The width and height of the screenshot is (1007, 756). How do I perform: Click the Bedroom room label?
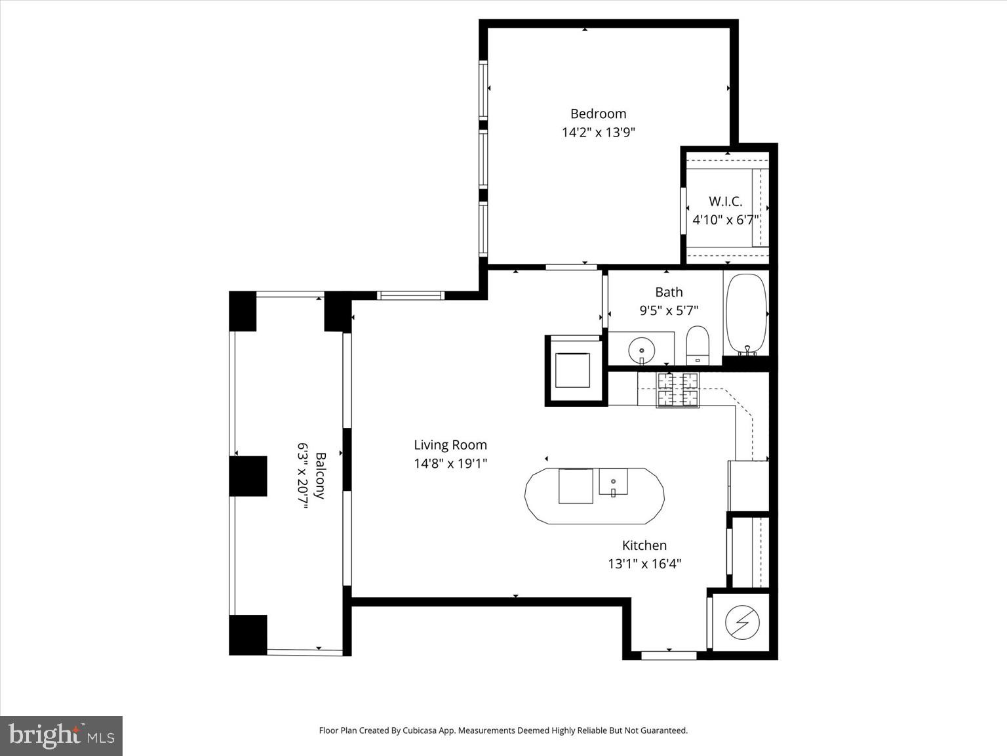coord(598,114)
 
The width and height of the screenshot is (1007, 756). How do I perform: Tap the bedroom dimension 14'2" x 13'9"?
coord(598,132)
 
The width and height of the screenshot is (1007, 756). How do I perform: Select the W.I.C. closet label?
coord(725,201)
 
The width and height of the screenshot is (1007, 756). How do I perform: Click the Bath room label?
coord(669,292)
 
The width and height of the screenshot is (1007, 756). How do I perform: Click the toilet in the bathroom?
coord(698,344)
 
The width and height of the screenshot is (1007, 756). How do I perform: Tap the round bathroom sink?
coord(641,350)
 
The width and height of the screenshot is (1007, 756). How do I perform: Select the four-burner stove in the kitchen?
coord(678,390)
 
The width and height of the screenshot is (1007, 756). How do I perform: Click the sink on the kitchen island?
coord(613,482)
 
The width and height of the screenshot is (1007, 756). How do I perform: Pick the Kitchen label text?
coord(644,545)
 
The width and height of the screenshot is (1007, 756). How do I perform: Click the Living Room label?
coord(450,445)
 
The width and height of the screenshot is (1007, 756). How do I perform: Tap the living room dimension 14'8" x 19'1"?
coord(450,463)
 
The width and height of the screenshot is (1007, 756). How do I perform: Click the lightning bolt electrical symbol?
coord(742,622)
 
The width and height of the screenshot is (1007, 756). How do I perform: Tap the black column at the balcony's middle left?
coord(248,476)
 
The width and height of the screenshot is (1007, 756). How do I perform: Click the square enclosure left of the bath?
coord(575,371)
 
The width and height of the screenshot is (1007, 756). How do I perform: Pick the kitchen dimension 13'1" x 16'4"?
coord(644,564)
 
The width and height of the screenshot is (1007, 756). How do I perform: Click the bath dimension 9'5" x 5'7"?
coord(669,310)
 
